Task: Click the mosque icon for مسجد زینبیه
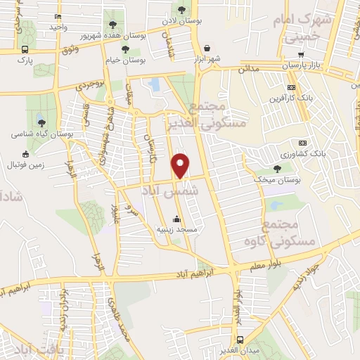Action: click(x=177, y=218)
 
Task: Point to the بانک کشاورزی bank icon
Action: click(x=302, y=143)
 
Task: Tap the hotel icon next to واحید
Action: click(x=58, y=16)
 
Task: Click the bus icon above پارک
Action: click(x=25, y=49)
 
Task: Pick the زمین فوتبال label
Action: click(x=25, y=165)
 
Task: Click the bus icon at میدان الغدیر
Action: click(x=241, y=340)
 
